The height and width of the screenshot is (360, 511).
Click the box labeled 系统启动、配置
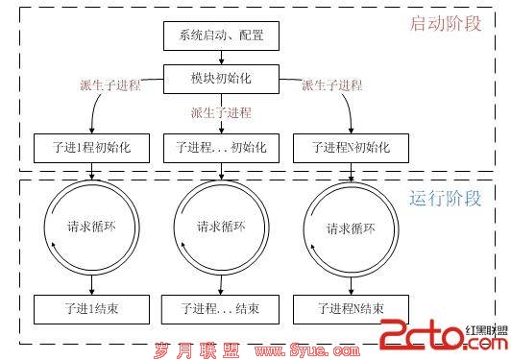(221, 36)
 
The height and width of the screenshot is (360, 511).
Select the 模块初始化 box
(221, 79)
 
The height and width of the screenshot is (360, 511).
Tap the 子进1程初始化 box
(91, 148)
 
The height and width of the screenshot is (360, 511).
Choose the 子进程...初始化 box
(221, 148)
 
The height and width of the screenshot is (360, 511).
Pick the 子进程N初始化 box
(351, 148)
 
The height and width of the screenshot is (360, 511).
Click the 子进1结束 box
(91, 309)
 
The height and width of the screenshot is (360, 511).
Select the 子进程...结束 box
(220, 309)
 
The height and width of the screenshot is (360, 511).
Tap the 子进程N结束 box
(351, 309)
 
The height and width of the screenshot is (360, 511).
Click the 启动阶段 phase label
(445, 24)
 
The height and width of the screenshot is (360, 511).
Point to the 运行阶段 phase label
(445, 198)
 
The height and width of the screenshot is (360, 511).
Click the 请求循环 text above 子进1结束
(91, 227)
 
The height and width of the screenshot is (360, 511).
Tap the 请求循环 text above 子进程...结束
(221, 227)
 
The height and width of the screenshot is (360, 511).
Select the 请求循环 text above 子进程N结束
(351, 229)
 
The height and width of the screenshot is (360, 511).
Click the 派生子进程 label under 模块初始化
(221, 112)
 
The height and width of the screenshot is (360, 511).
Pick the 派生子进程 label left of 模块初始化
(110, 85)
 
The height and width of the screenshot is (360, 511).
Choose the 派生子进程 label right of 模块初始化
(332, 85)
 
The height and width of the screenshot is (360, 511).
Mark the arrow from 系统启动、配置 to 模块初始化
(221, 58)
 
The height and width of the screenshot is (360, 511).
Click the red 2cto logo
(444, 334)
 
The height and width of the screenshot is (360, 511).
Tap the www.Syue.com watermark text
(307, 350)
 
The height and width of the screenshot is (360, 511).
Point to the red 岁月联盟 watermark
(197, 350)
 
